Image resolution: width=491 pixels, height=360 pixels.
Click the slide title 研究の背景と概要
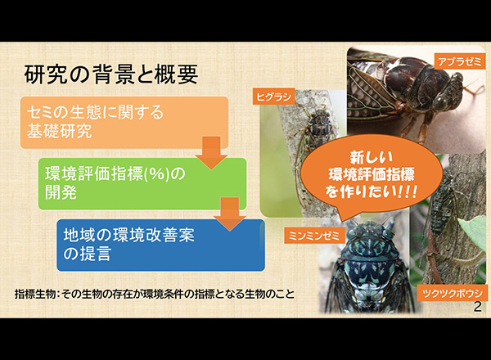(111, 74)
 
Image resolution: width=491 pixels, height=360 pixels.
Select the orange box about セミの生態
(124, 123)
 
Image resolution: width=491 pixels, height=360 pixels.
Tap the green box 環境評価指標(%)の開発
(142, 184)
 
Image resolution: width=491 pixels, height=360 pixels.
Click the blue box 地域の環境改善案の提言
(160, 245)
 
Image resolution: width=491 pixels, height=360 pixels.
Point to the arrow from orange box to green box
(211, 153)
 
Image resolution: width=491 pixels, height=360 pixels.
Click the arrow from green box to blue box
(229, 214)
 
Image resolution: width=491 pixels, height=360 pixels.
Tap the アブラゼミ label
(460, 61)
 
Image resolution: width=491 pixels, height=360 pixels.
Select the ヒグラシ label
(274, 97)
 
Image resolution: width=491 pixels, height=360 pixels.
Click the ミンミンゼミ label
(314, 236)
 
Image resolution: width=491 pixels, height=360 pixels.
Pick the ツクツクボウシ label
(453, 294)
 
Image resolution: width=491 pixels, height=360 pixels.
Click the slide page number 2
(478, 307)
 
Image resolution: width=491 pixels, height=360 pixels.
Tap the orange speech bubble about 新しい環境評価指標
(372, 176)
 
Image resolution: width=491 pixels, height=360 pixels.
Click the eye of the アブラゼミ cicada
(443, 101)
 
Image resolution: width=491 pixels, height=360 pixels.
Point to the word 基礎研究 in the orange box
(60, 131)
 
